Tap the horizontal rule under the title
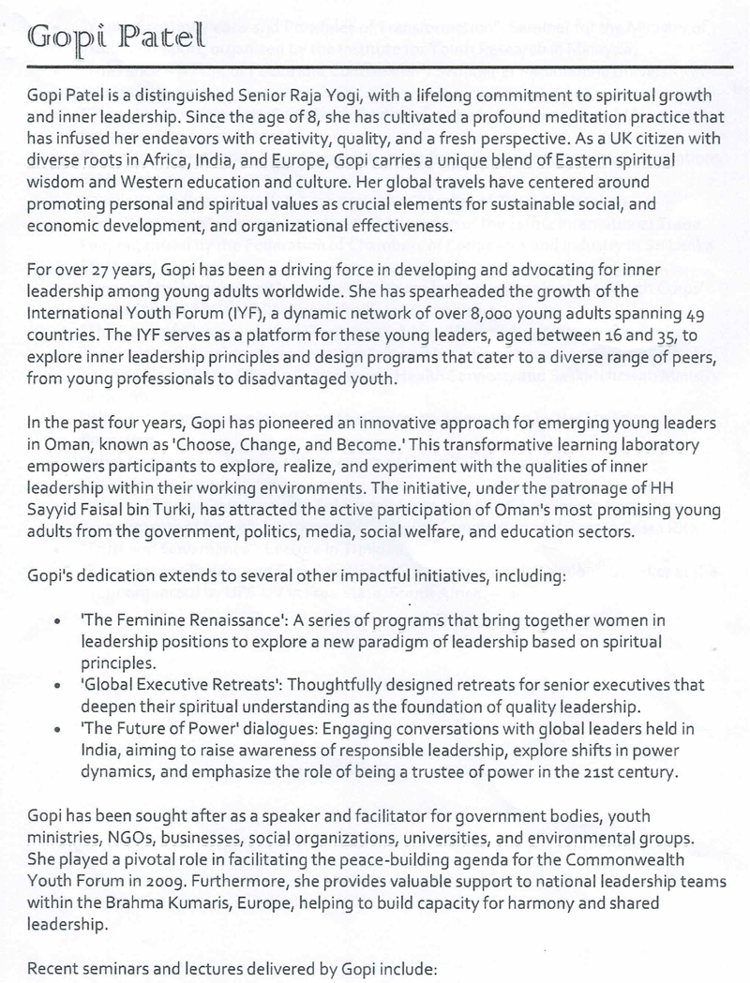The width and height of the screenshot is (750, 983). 375,67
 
